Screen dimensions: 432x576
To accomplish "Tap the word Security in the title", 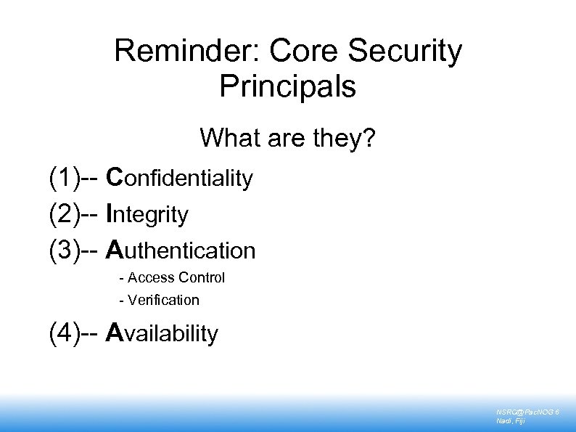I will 405,52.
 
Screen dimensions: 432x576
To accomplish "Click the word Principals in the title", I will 287,86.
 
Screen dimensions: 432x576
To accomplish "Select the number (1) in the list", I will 65,177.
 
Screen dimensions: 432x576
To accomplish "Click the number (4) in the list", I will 65,333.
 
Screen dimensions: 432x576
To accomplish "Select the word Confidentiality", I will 179,177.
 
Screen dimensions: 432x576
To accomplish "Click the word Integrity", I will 147,214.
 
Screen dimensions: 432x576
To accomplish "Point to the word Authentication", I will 181,250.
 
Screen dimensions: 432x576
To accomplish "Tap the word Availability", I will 162,333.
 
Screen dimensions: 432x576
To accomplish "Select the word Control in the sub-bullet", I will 201,277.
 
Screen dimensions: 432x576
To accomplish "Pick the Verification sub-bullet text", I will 163,300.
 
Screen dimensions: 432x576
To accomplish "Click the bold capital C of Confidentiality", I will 114,177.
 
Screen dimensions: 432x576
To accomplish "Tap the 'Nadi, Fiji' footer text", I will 512,421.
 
